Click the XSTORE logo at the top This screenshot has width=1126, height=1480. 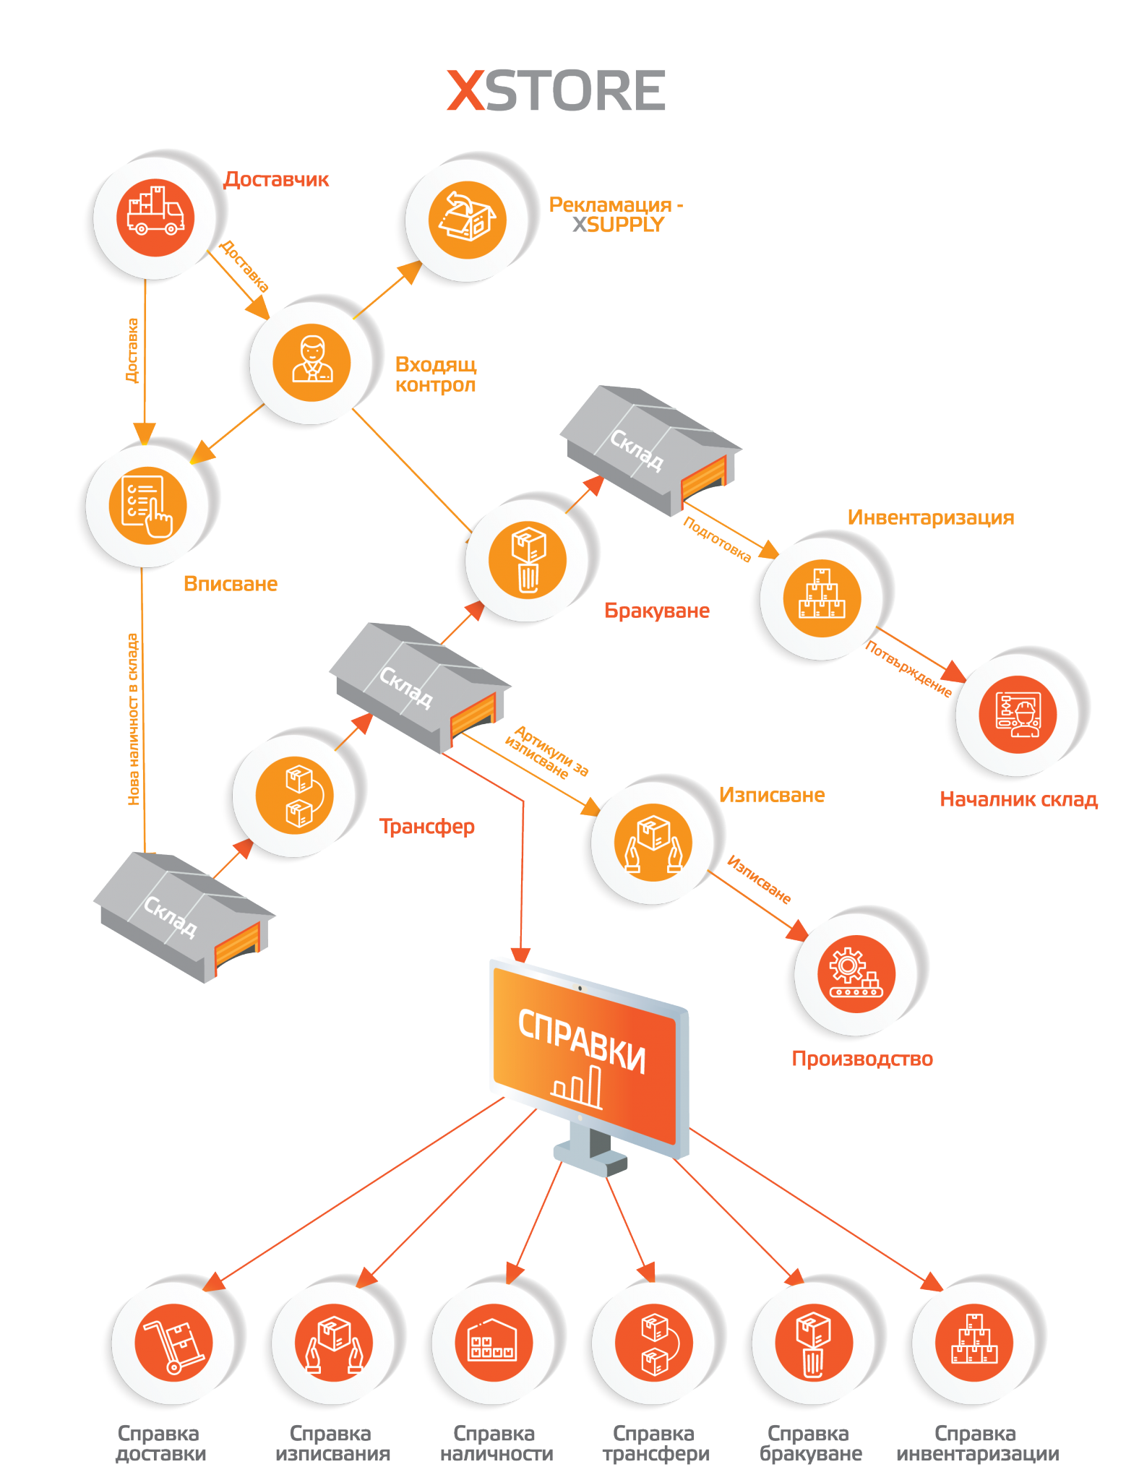556,91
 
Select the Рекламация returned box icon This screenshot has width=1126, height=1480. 468,220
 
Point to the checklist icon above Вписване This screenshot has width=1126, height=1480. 147,504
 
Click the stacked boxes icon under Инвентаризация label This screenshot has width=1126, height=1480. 822,598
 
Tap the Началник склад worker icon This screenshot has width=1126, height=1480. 1018,714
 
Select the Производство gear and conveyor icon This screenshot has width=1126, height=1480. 856,973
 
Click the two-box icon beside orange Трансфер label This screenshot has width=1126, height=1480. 294,795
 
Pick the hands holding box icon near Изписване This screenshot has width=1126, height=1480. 653,842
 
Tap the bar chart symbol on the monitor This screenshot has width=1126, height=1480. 577,1086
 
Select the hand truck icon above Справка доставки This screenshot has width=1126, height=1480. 173,1343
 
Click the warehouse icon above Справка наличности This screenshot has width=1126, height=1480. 494,1343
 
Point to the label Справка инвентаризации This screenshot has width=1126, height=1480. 977,1443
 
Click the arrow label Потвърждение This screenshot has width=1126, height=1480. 908,668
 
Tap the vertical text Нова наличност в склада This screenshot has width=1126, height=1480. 134,719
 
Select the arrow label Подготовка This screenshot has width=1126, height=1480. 717,539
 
